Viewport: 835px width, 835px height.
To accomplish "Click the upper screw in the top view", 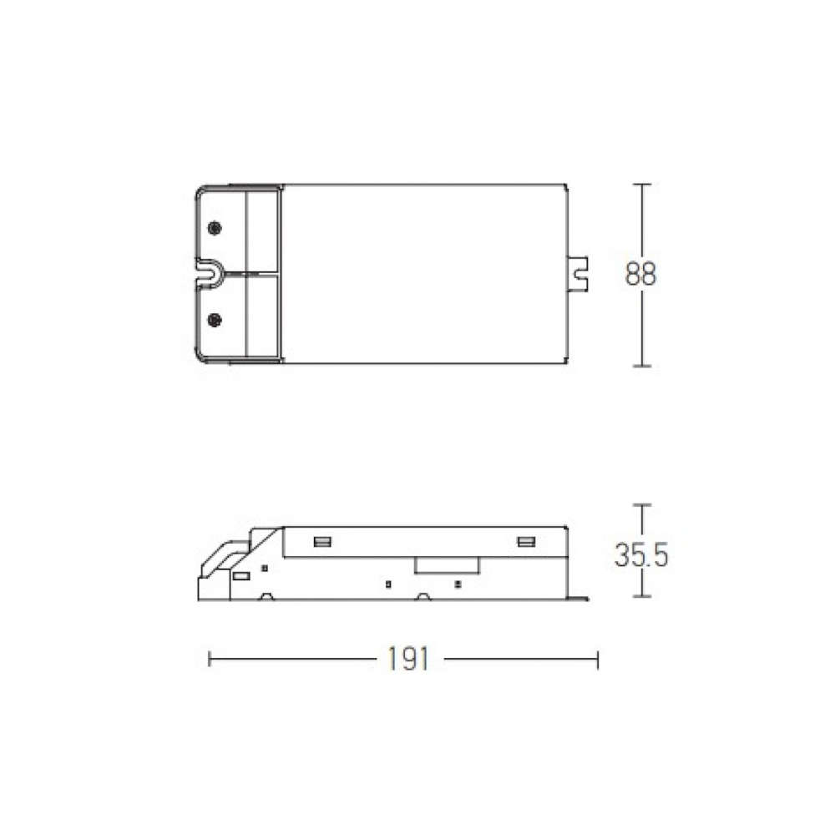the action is click(x=214, y=229).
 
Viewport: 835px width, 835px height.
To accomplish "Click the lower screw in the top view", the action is click(x=214, y=320).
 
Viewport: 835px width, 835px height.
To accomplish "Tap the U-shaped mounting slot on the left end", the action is click(x=210, y=274).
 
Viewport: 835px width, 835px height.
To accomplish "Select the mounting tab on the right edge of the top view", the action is click(x=577, y=274).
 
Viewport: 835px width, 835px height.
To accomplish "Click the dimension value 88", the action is click(x=640, y=274).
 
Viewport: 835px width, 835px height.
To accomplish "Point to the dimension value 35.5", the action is click(x=641, y=554).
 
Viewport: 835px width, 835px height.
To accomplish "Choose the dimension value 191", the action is click(x=408, y=660).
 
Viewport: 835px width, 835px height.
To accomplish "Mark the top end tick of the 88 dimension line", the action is click(x=641, y=185).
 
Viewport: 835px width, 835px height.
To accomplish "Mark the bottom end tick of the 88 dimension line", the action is click(x=641, y=366).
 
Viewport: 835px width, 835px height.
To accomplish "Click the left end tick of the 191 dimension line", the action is click(x=210, y=660).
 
